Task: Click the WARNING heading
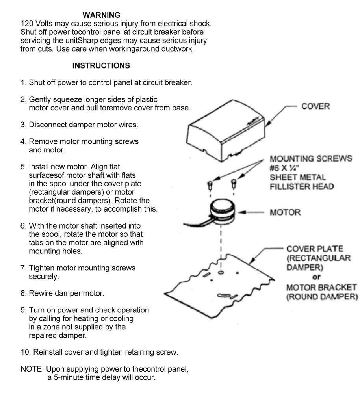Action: tap(101, 15)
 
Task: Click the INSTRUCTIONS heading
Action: tap(101, 66)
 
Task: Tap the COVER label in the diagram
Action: tap(315, 106)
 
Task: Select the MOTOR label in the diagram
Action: tap(285, 212)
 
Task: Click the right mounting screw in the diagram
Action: tap(234, 183)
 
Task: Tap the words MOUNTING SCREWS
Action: tap(311, 159)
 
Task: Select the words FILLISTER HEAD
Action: tap(302, 187)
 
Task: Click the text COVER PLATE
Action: tap(314, 249)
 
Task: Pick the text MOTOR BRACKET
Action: tap(321, 287)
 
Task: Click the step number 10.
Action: tap(25, 352)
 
